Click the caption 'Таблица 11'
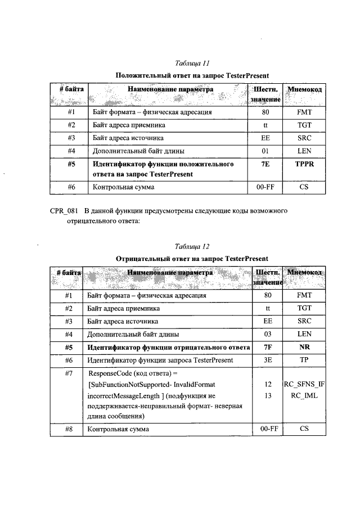click(x=192, y=63)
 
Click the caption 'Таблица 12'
click(x=192, y=246)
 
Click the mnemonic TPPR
click(x=304, y=164)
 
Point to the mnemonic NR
click(x=304, y=347)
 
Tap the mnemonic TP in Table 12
click(x=304, y=360)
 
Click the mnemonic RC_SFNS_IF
click(x=304, y=385)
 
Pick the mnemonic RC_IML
click(x=304, y=395)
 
